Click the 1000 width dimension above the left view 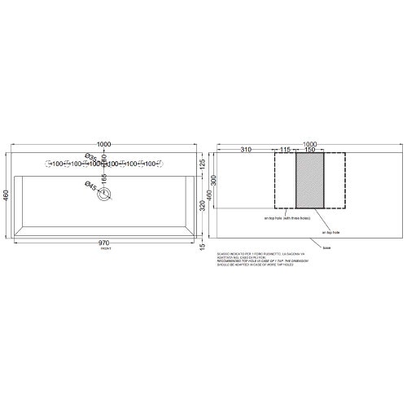point(103,143)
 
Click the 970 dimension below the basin point(103,243)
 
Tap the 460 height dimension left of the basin point(7,196)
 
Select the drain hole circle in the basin point(103,194)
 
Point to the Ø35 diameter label point(90,157)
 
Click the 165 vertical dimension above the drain point(104,177)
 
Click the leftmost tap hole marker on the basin point(48,164)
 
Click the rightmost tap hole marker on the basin point(159,164)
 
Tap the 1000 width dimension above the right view point(310,143)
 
